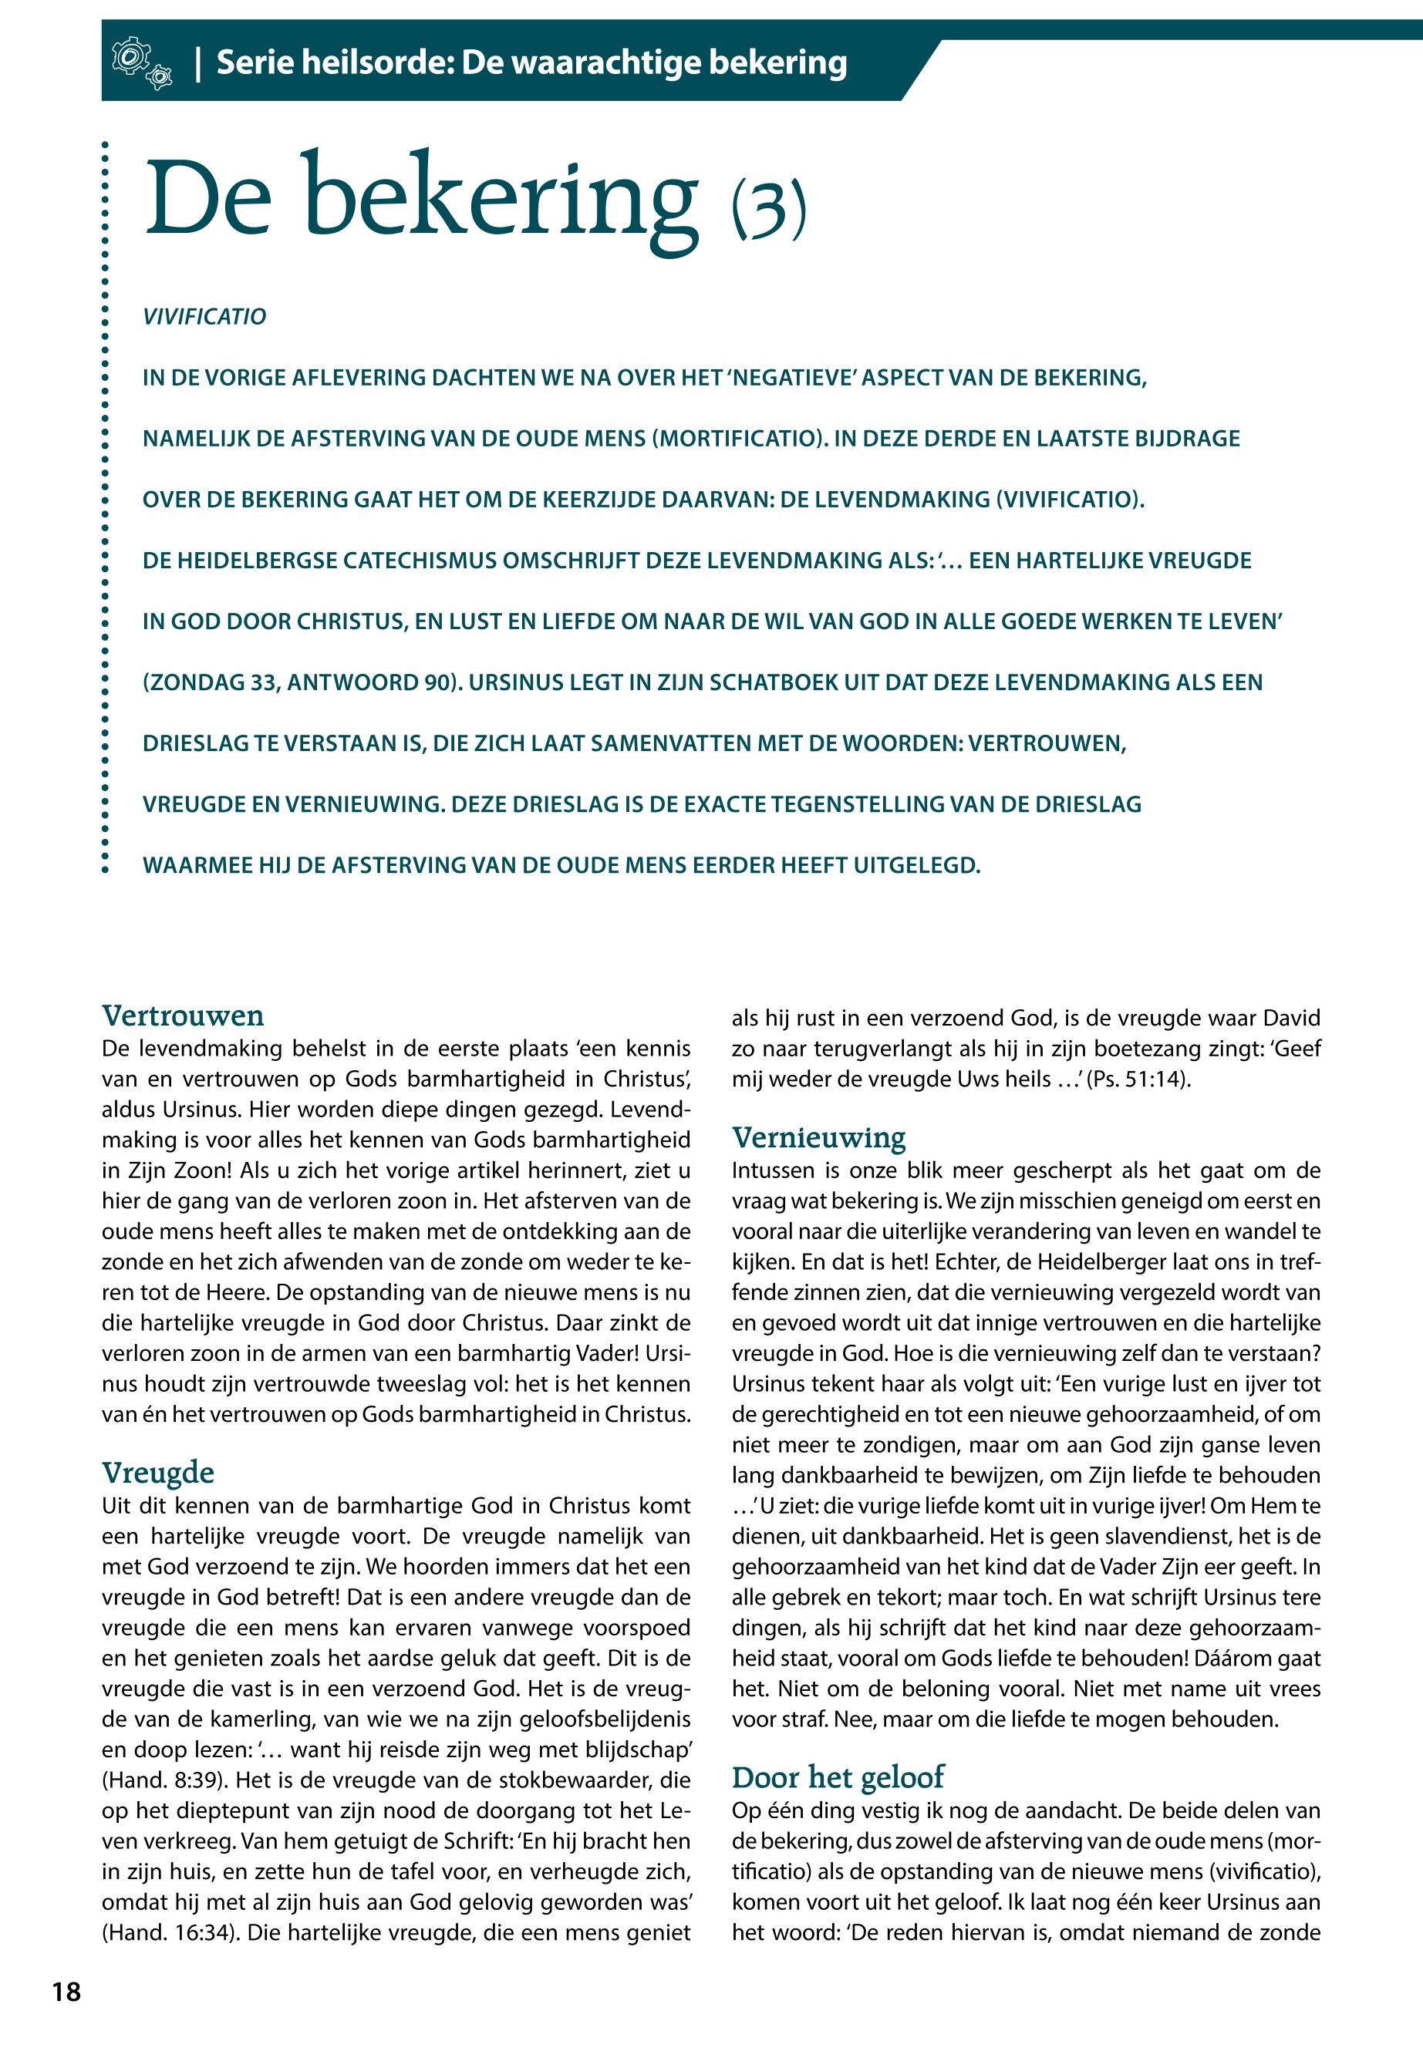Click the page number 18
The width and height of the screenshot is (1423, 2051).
pyautogui.click(x=66, y=1992)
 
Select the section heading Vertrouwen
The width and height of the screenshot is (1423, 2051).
pyautogui.click(x=183, y=1015)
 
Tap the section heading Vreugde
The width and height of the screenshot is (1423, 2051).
pyautogui.click(x=158, y=1472)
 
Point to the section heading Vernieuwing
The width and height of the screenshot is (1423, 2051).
pyautogui.click(x=818, y=1137)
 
